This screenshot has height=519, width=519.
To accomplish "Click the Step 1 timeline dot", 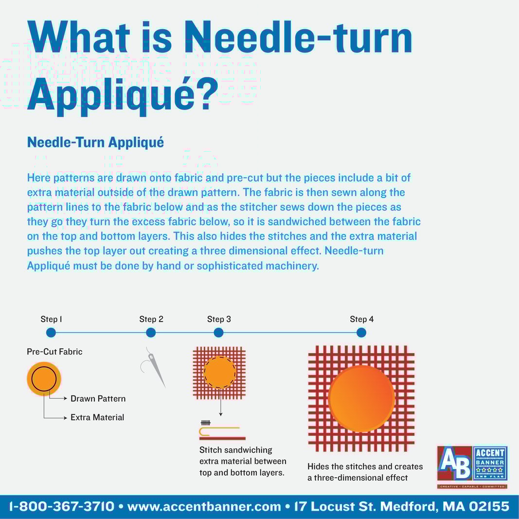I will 51,333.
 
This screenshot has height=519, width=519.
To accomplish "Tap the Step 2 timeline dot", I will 151,333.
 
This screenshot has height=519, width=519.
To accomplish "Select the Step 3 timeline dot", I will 218,333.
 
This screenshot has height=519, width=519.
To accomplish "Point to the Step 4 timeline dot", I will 361,333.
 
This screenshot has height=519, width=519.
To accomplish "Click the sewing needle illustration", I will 156,367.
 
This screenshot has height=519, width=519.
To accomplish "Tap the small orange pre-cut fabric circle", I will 44,378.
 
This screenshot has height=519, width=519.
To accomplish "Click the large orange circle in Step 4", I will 361,398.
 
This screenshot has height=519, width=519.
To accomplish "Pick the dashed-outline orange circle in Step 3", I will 219,373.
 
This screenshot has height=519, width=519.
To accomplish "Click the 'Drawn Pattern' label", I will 98,399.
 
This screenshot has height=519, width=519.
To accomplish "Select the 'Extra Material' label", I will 97,417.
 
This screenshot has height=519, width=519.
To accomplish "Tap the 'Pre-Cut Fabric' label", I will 54,352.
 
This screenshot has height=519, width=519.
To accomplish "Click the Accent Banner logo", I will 472,467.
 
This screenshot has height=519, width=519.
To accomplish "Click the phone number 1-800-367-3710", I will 62,507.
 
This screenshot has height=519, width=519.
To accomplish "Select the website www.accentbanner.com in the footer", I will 204,507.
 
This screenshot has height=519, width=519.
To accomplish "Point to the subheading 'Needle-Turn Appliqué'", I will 95,143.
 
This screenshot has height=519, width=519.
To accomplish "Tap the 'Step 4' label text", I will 361,320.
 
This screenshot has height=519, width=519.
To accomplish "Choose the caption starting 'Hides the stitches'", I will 365,472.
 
